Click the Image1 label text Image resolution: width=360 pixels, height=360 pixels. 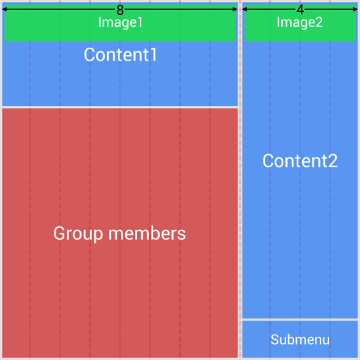[120, 22]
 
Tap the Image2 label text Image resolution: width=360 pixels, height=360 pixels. [300, 22]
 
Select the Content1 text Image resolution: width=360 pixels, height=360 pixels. [120, 55]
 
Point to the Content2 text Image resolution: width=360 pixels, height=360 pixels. [300, 161]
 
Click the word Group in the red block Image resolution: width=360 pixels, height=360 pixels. [76, 233]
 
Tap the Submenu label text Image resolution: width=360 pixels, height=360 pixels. [300, 340]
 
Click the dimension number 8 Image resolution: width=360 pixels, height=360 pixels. [120, 10]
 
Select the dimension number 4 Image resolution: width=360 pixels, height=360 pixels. [300, 10]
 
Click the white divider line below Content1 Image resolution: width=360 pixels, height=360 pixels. [120, 107]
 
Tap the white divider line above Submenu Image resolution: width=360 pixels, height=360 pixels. [300, 320]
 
